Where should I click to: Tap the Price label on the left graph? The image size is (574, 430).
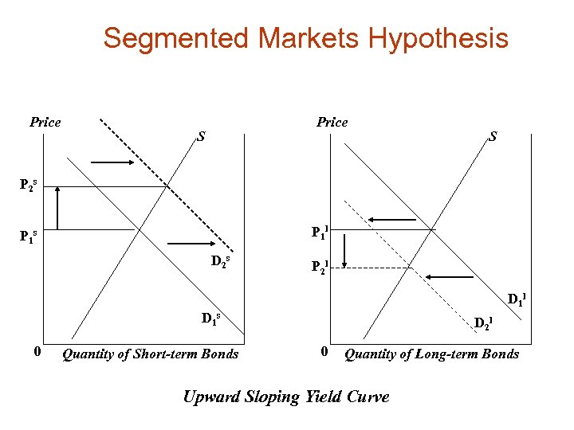[45, 122]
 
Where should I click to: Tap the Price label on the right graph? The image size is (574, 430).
[332, 122]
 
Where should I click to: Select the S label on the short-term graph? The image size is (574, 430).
[202, 136]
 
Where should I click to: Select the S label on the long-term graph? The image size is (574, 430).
[493, 136]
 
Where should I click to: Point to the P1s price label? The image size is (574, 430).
[27, 236]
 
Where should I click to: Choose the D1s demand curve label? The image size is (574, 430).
[210, 320]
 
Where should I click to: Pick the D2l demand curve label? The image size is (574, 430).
[484, 322]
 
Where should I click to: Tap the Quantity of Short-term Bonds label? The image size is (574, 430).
[150, 354]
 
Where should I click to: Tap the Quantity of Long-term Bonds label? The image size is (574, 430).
[431, 354]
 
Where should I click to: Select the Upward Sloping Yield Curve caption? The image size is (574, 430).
[286, 397]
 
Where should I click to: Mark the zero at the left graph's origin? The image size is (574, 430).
[27, 351]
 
